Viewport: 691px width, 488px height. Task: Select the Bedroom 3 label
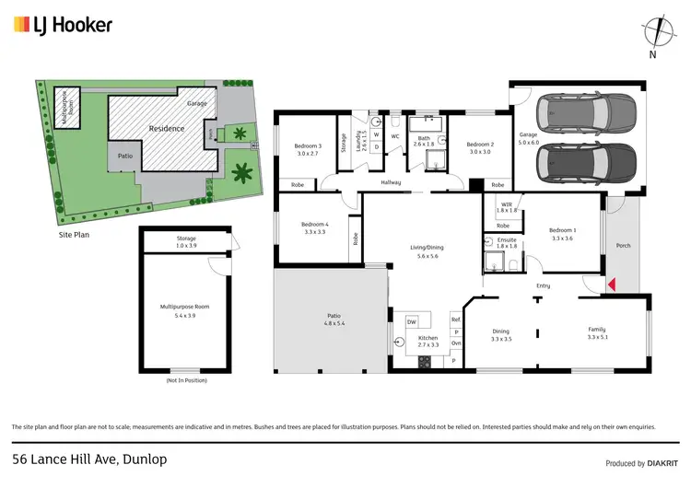tap(308, 150)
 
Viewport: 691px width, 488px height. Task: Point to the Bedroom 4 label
tap(315, 227)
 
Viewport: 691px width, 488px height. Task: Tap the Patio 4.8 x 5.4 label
tap(333, 320)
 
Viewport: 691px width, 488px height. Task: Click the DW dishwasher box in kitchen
tap(412, 321)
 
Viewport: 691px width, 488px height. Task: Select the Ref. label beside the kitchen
tap(455, 320)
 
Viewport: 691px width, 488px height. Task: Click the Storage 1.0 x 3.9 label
tap(186, 242)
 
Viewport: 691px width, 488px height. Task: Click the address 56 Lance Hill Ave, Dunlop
tap(89, 459)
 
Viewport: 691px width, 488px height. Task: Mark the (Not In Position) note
tap(186, 380)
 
